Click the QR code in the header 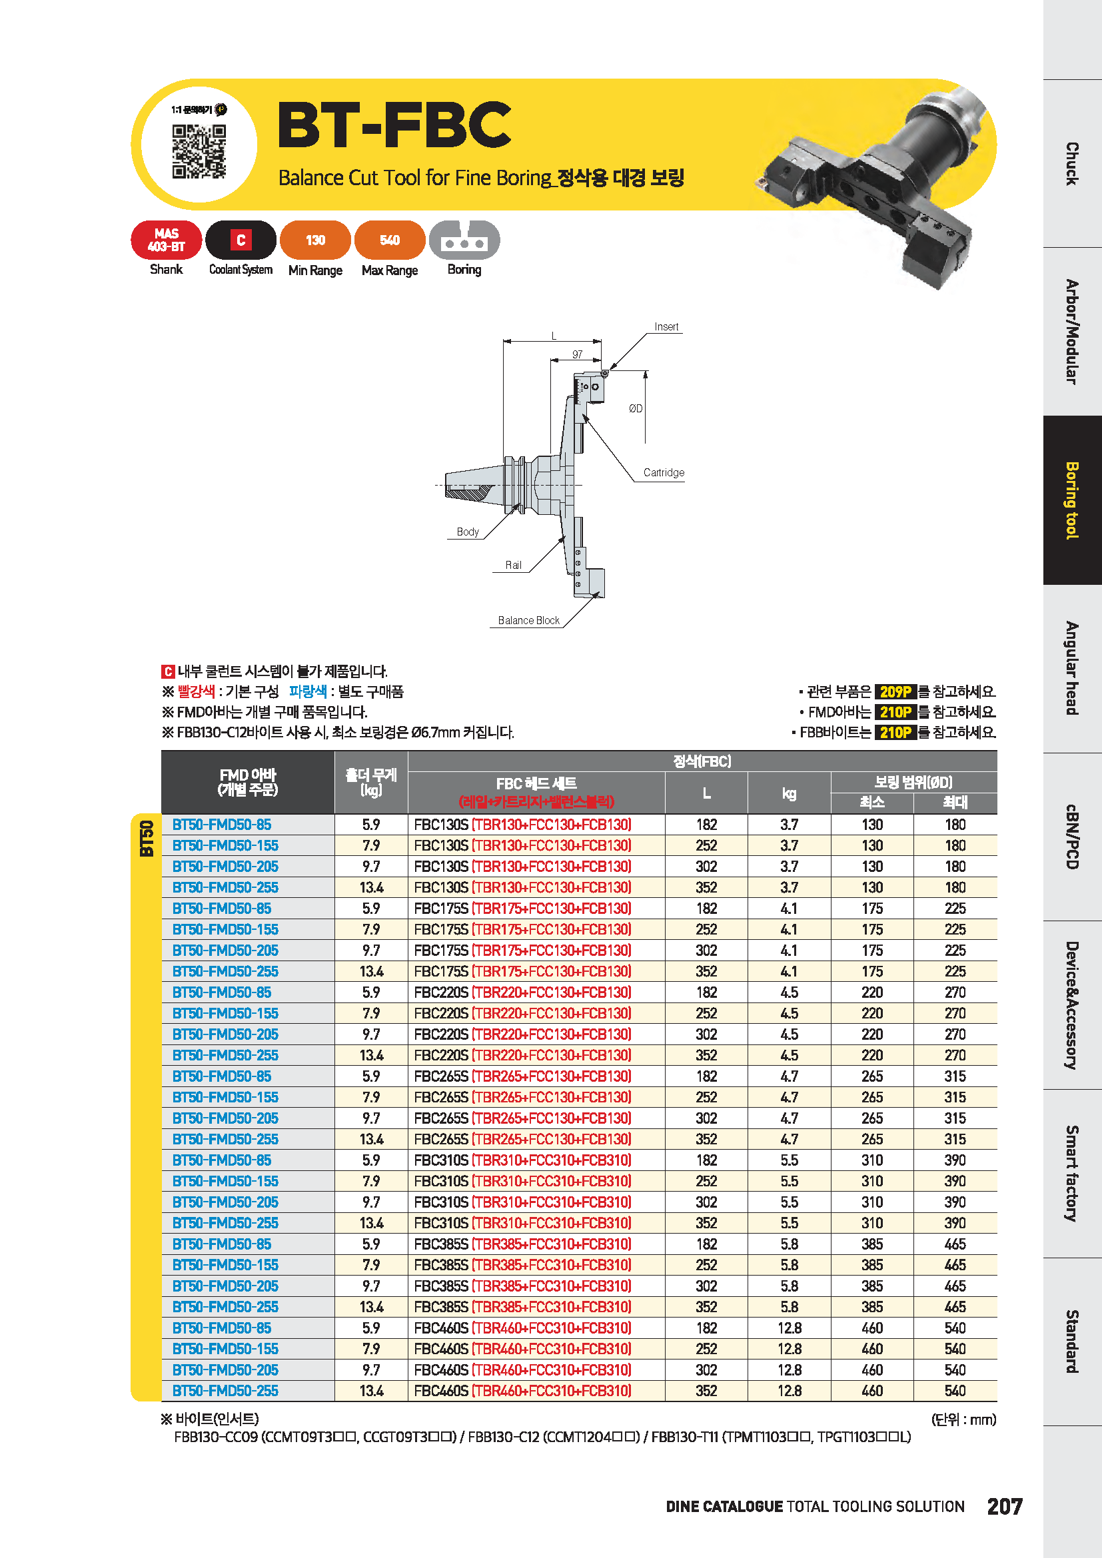(x=198, y=151)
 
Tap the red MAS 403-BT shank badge (x=167, y=240)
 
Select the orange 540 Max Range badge (x=390, y=240)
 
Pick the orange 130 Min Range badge (x=315, y=240)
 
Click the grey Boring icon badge (x=464, y=240)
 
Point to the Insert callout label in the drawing (x=666, y=327)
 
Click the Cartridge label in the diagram (x=663, y=472)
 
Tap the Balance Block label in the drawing (x=528, y=620)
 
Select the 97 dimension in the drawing (x=577, y=354)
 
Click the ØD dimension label (x=635, y=408)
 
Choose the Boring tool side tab (x=1072, y=500)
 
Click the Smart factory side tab (x=1072, y=1173)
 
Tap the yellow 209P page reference (x=895, y=691)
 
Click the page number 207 (x=1004, y=1507)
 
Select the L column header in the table (x=706, y=793)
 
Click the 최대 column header (x=955, y=802)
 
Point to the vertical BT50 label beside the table (x=147, y=838)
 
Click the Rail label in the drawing (x=513, y=566)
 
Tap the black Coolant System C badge (x=241, y=240)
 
